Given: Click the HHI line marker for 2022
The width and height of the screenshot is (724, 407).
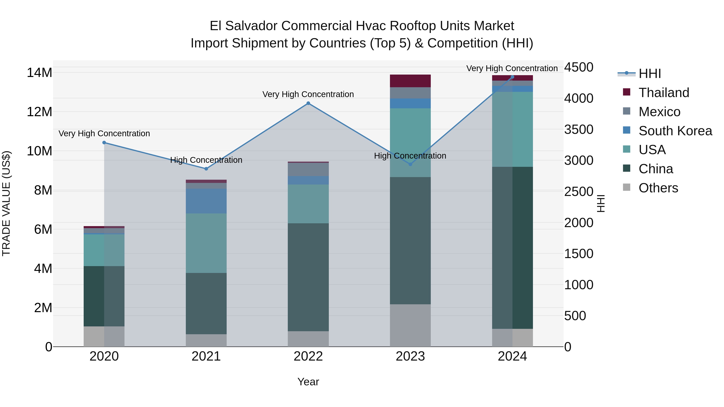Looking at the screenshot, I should pos(308,103).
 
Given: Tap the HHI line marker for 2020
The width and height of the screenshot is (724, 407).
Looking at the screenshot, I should pos(104,143).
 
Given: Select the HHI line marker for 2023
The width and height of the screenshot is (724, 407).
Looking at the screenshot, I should pos(410,164).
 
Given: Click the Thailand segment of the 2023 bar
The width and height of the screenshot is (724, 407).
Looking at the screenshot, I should pos(410,81).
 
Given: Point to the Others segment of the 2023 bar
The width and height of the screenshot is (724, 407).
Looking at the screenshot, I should pos(410,325).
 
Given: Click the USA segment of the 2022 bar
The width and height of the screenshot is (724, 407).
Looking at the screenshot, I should pos(308,204).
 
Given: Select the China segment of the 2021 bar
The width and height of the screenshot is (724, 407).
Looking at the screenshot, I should pos(206,303).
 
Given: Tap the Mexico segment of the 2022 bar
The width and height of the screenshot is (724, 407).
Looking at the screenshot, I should pos(308,169).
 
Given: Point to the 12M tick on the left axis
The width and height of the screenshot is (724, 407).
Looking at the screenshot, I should pos(39,112).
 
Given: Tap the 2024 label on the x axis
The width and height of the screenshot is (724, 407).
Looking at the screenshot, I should pos(512,356).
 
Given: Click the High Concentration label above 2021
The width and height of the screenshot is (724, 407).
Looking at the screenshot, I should pos(206,160).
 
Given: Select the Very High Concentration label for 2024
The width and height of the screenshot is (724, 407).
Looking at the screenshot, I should pos(512,68).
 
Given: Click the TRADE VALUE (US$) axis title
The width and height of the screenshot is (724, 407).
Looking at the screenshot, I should pos(6,203).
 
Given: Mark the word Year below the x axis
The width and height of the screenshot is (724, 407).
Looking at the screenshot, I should pos(308,382).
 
